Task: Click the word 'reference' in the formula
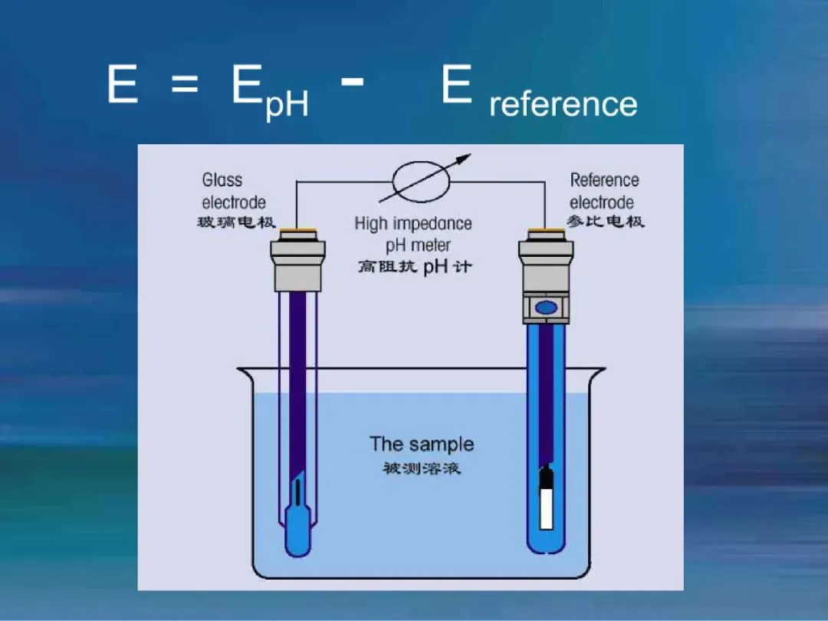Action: coord(563,103)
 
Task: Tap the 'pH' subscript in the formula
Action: coord(287,104)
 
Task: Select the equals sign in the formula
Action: coord(184,84)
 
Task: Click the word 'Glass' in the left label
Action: coord(222,180)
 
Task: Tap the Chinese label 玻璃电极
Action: coord(232,223)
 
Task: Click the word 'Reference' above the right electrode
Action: coord(604,180)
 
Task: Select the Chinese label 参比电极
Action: coord(606,222)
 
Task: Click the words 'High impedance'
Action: coord(413,224)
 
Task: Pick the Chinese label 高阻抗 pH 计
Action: coord(415,268)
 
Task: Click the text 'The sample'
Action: coord(422,444)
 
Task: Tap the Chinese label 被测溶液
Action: coord(422,468)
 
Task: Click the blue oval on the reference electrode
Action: coord(545,307)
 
